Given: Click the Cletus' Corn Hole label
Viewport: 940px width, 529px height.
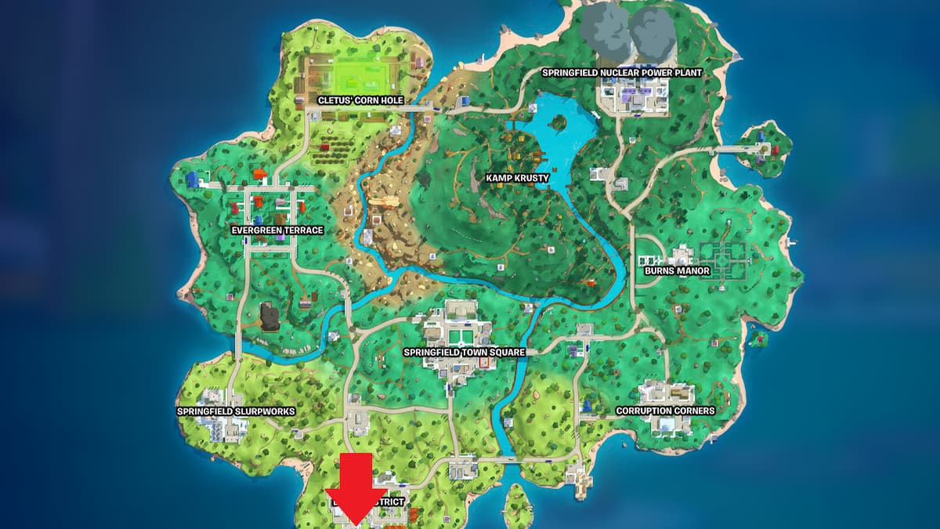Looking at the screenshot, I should click(x=360, y=100).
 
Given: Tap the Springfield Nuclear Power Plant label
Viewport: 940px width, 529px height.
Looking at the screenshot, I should click(x=622, y=72).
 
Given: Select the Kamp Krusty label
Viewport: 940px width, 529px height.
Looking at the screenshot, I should click(x=517, y=178).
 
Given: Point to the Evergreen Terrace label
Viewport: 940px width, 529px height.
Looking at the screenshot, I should click(x=277, y=230).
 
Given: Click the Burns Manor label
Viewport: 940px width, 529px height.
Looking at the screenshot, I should click(x=677, y=270).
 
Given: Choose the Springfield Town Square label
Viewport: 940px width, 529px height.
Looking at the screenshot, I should click(x=464, y=352).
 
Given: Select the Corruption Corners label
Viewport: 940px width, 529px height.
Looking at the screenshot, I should click(x=665, y=410).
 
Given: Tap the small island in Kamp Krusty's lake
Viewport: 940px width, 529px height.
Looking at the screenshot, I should click(x=559, y=123).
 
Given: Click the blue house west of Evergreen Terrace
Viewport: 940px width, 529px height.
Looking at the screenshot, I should click(x=193, y=180).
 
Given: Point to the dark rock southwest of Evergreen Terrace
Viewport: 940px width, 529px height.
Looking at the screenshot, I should click(x=270, y=317).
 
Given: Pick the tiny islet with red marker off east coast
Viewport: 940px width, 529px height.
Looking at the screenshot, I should click(x=757, y=339).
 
